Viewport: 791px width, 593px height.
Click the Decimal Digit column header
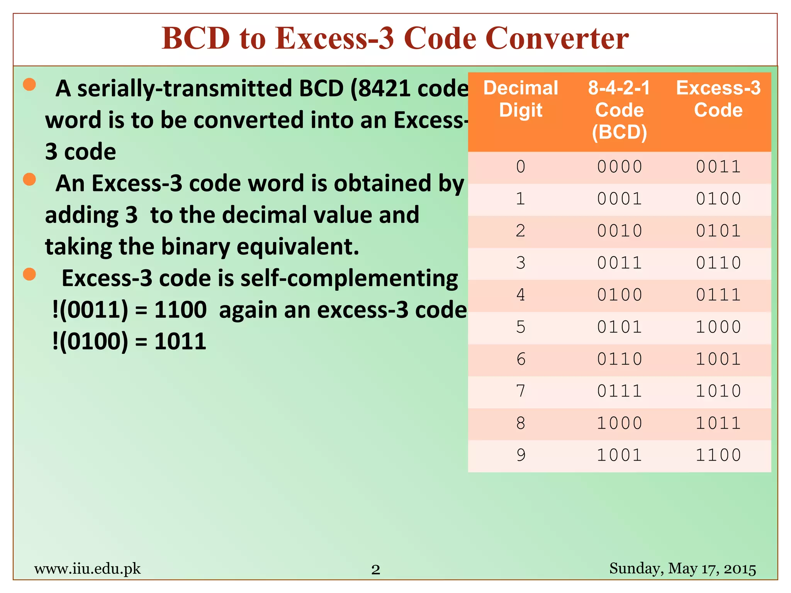(x=521, y=99)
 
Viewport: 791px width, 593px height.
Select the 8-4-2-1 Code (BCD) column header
(x=619, y=110)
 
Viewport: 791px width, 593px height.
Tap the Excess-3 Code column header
(x=718, y=99)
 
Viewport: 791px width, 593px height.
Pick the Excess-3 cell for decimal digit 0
(x=718, y=167)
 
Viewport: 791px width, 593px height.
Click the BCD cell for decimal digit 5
(x=619, y=327)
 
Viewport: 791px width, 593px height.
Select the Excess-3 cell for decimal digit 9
(x=718, y=455)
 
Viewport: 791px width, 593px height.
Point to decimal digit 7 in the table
(x=521, y=391)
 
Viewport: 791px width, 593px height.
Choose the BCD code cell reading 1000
(x=619, y=423)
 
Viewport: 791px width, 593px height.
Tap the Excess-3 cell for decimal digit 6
(x=718, y=359)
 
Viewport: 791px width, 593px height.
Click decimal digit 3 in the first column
(x=521, y=263)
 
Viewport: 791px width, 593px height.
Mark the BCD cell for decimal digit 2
(x=619, y=231)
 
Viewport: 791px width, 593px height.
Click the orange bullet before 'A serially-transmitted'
(x=29, y=84)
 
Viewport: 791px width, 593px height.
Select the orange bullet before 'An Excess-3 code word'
(x=29, y=179)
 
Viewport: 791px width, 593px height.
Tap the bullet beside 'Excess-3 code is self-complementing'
(x=29, y=274)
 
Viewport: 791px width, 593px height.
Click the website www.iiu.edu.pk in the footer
(x=87, y=569)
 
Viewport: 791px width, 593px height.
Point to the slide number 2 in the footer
(x=375, y=569)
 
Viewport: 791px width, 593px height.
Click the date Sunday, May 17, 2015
(x=682, y=569)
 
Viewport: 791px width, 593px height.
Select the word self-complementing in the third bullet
(x=349, y=278)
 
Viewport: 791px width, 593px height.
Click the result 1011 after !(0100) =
(x=180, y=342)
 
